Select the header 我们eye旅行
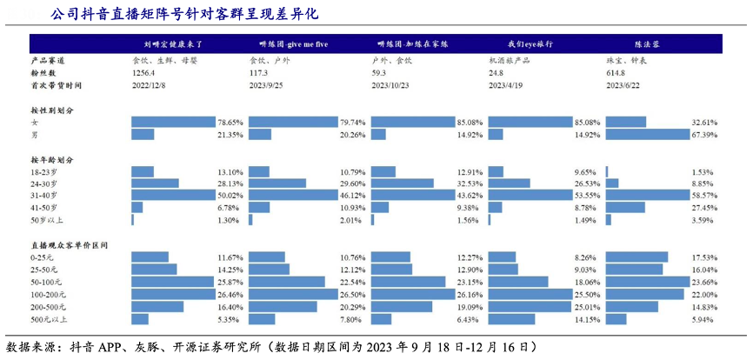click(x=530, y=43)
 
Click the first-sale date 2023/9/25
click(x=267, y=86)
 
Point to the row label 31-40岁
click(x=44, y=197)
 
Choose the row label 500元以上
click(x=47, y=319)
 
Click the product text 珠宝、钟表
click(x=625, y=61)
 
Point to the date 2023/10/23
click(x=391, y=86)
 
